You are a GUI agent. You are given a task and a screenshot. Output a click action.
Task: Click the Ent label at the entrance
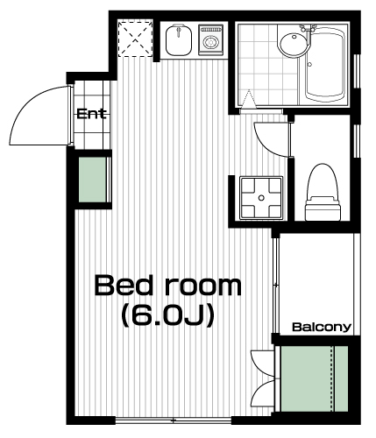[x=91, y=114]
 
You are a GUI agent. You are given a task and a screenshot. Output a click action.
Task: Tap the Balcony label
[x=322, y=327]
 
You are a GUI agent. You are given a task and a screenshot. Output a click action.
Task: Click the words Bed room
[x=168, y=286]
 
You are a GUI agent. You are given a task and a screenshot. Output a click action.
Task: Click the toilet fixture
[x=323, y=193]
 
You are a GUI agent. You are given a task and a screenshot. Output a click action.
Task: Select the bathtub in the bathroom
[x=324, y=64]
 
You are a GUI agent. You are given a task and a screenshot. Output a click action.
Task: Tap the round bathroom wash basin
[x=294, y=44]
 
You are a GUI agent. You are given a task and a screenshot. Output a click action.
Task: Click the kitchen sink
[x=179, y=40]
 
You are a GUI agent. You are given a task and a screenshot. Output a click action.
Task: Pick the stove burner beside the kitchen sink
[x=210, y=40]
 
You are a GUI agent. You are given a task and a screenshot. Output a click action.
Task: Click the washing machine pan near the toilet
[x=261, y=198]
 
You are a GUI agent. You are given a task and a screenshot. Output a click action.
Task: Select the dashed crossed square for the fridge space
[x=135, y=39]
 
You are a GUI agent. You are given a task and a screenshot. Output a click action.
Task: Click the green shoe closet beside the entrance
[x=92, y=180]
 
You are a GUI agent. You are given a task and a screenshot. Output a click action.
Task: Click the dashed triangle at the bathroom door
[x=248, y=99]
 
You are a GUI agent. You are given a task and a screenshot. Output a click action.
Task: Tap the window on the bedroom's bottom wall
[x=174, y=420]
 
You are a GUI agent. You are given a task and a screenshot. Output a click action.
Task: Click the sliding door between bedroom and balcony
[x=276, y=286]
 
